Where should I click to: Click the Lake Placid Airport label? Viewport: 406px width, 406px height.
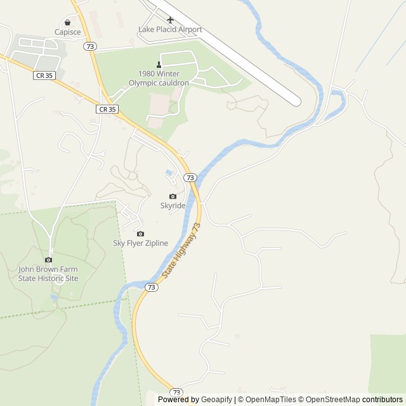[170, 30]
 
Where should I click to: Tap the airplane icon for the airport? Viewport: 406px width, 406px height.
[170, 20]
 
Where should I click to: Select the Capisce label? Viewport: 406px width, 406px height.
[67, 31]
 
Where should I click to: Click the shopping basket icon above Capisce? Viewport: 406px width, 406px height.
[67, 22]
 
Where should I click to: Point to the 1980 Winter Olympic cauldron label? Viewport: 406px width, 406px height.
[159, 78]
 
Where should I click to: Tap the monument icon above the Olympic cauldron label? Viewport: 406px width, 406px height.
[159, 64]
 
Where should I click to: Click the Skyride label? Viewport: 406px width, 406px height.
[173, 206]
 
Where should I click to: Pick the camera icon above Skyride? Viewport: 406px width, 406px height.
[173, 196]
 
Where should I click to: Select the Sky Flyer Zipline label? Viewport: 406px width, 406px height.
[140, 243]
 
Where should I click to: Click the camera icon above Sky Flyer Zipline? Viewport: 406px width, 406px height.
[140, 233]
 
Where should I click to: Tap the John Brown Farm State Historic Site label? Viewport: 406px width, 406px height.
[48, 273]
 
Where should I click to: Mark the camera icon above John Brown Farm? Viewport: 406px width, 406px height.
[48, 259]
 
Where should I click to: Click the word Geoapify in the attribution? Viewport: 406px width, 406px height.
[217, 400]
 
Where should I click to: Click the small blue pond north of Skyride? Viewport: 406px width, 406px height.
[168, 173]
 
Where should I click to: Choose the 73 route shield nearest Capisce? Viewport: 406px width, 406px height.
[91, 46]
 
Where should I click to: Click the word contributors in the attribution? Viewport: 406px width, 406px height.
[383, 400]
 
